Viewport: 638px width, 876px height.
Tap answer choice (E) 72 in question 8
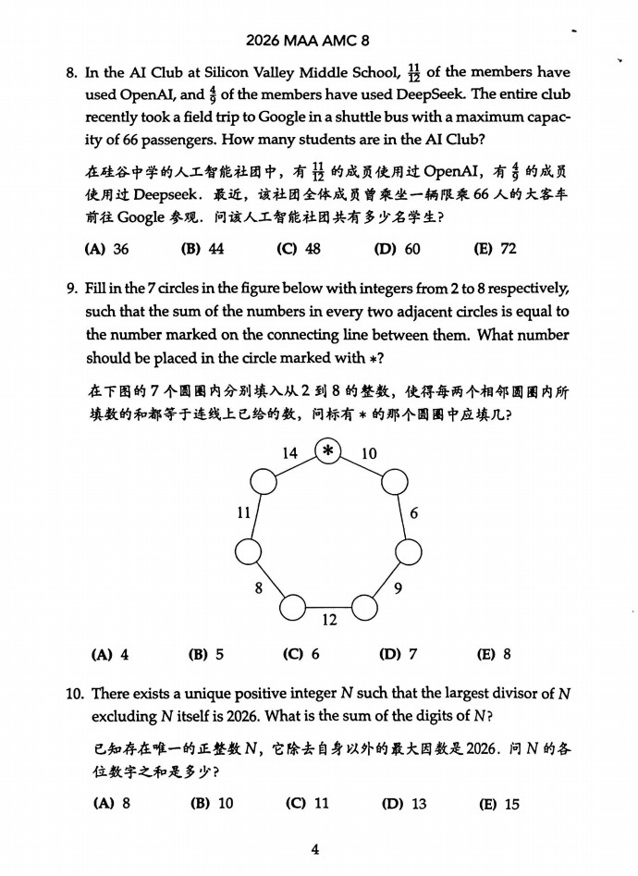[x=495, y=249]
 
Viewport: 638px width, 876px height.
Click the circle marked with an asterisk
[x=328, y=451]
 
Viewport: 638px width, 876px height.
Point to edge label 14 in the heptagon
[x=289, y=453]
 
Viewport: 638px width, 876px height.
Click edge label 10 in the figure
[x=369, y=453]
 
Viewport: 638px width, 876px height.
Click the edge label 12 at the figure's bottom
[x=328, y=620]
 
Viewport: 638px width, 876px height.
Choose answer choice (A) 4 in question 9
[x=109, y=655]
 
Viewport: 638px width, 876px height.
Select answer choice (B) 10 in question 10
[x=212, y=804]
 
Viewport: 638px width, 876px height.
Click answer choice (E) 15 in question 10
[x=498, y=804]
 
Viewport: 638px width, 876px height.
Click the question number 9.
[x=71, y=288]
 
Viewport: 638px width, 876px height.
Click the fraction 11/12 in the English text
[x=412, y=73]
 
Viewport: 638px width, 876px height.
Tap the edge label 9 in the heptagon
[x=397, y=588]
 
